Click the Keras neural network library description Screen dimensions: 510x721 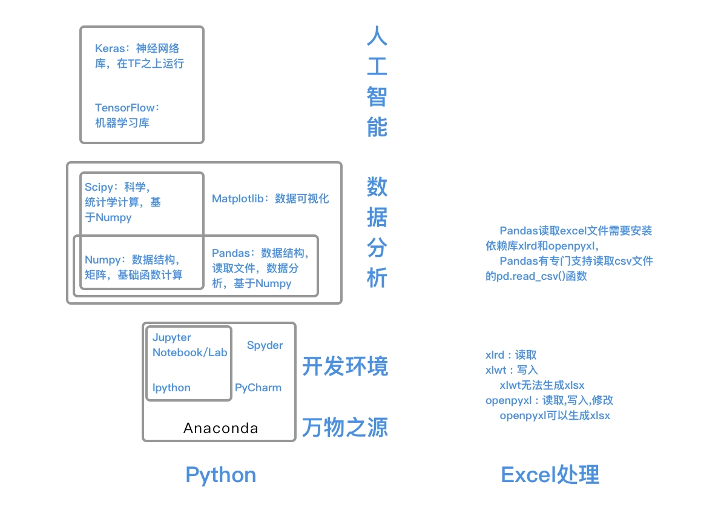[139, 56]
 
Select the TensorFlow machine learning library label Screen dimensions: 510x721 [127, 115]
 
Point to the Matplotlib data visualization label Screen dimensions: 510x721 [270, 199]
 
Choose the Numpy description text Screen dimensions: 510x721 [134, 267]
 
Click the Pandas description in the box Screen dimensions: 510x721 [260, 268]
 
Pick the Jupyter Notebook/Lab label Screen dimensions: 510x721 [189, 345]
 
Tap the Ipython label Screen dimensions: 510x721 [171, 388]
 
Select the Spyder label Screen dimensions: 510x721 [265, 345]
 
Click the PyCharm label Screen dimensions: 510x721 [258, 388]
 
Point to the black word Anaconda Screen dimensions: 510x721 [220, 429]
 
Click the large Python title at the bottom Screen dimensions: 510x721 [220, 475]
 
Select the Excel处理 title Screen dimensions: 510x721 [550, 475]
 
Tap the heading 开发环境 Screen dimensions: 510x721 [345, 366]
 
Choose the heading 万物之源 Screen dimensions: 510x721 [345, 428]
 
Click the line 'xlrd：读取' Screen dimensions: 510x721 [511, 355]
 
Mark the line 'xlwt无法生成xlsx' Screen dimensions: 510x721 [542, 385]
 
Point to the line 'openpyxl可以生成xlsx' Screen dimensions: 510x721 [555, 416]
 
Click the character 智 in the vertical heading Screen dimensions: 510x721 [377, 97]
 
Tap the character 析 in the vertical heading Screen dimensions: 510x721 [377, 278]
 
